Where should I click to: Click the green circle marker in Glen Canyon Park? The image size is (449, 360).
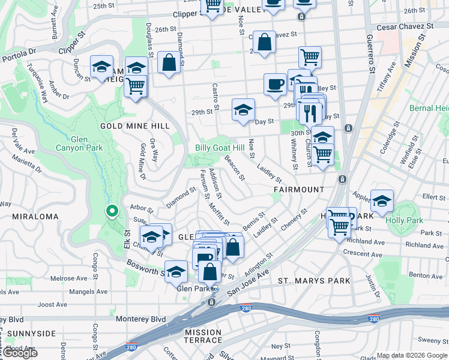click(111, 211)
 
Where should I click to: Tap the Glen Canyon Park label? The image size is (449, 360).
click(79, 143)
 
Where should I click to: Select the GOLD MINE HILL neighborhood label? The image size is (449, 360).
click(135, 126)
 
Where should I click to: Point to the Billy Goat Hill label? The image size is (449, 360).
click(220, 148)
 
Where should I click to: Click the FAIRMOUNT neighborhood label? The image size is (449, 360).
click(298, 189)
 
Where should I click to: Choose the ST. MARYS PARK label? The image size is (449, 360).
click(314, 280)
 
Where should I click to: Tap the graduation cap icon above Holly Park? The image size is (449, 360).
click(382, 202)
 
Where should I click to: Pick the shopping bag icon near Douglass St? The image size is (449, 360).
click(170, 62)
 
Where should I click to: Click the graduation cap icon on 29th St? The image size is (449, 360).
click(243, 110)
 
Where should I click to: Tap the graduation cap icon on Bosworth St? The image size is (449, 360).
click(176, 272)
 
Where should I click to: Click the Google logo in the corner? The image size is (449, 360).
click(20, 353)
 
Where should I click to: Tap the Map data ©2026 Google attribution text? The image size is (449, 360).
click(412, 355)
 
